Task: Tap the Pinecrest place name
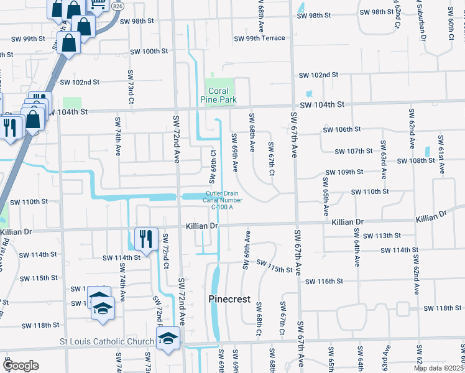[x=229, y=299]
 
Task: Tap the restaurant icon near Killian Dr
[x=145, y=239]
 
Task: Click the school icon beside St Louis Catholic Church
[x=167, y=339]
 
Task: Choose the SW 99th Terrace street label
[x=259, y=39]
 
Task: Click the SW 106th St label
[x=343, y=129]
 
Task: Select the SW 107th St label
[x=353, y=151]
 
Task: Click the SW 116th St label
[x=325, y=281]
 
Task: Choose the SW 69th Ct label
[x=213, y=163]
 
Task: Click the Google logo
[x=21, y=366]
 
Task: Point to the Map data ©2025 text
[x=439, y=368]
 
